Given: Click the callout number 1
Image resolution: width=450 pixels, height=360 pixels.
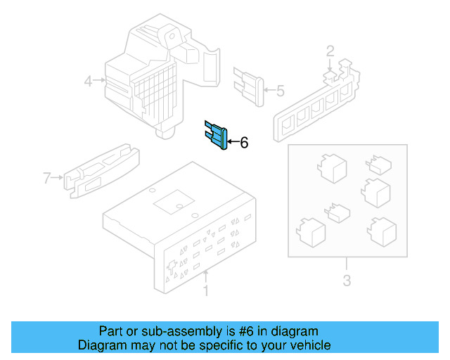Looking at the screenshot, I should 205,290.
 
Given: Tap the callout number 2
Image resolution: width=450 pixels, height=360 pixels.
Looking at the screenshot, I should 330,50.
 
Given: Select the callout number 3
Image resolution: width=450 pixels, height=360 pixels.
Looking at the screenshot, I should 347,283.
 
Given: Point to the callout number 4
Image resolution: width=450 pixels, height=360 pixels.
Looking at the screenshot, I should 88,81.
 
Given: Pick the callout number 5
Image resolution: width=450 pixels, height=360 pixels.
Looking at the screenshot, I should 280,91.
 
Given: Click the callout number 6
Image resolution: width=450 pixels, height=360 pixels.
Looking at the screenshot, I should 244,143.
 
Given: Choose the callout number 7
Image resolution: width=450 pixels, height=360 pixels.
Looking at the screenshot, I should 47,179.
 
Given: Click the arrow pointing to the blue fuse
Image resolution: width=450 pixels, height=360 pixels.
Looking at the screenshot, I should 232,143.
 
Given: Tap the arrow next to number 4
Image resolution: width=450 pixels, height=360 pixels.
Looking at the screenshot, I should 101,81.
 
